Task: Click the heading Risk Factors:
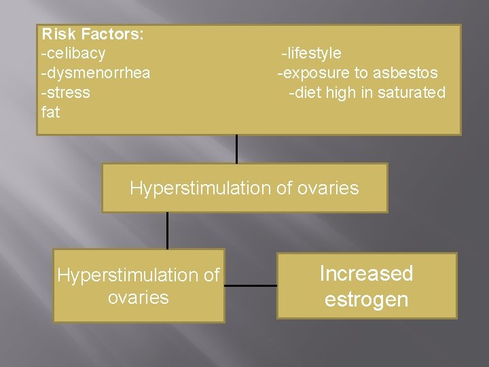[92, 34]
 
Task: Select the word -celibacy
[73, 53]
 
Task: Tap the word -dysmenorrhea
[96, 73]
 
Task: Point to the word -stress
[65, 92]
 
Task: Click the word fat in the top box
[50, 112]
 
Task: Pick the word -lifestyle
[312, 53]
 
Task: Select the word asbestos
[405, 73]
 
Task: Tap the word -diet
[305, 92]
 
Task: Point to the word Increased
[366, 273]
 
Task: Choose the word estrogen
[366, 300]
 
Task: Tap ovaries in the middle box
[327, 188]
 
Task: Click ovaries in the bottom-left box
[138, 298]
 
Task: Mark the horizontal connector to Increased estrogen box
[250, 285]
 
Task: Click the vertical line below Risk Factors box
[236, 149]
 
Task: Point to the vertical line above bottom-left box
[167, 230]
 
